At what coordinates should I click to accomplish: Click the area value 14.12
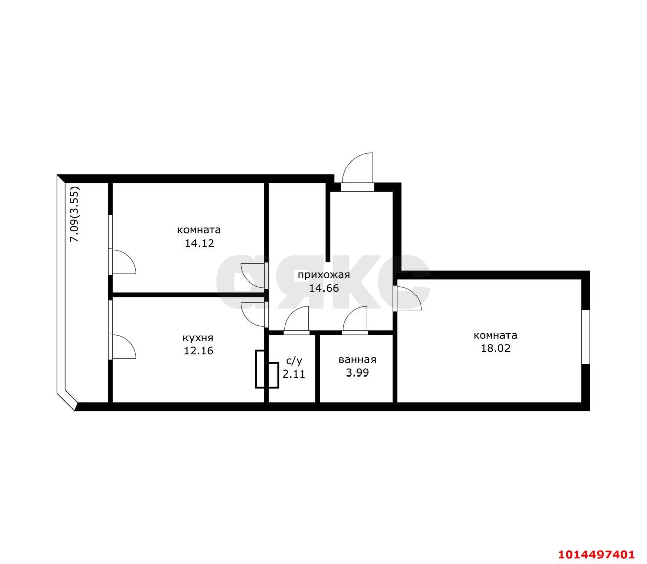(199, 243)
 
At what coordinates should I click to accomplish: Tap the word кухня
(198, 338)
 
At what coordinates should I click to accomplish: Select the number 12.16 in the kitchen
(198, 350)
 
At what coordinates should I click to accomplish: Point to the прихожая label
(323, 275)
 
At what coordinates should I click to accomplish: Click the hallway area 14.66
(323, 288)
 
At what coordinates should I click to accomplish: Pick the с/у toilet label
(294, 361)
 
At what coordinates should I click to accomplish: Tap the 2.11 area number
(294, 374)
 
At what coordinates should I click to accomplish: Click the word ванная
(357, 360)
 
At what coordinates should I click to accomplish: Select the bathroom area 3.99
(357, 373)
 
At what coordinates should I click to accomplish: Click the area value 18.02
(495, 348)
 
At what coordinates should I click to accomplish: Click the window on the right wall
(586, 337)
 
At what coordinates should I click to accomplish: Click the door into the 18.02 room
(406, 298)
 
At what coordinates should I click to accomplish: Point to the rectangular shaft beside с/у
(261, 369)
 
